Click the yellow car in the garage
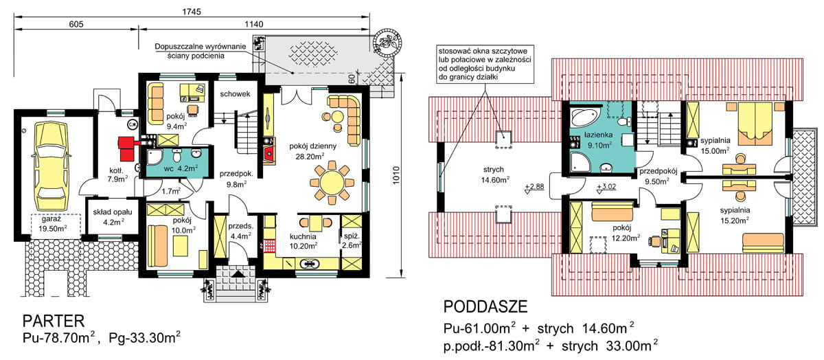(51, 166)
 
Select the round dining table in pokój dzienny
(332, 183)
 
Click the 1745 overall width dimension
(192, 12)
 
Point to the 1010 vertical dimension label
(396, 176)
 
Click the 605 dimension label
(76, 24)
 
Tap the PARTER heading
(54, 321)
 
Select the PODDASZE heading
(485, 306)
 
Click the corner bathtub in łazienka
(586, 117)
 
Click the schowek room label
(235, 94)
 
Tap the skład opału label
(113, 212)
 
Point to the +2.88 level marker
(534, 188)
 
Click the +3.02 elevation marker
(606, 188)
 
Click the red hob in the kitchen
(270, 245)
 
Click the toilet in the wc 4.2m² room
(176, 156)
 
